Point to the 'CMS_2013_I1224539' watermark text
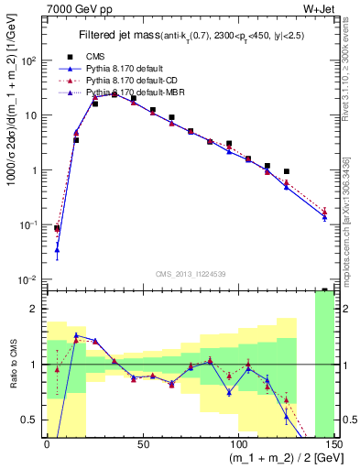point(191,272)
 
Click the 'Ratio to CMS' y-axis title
point(12,365)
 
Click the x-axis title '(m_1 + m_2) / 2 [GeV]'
point(274,459)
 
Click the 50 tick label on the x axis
point(142,445)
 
